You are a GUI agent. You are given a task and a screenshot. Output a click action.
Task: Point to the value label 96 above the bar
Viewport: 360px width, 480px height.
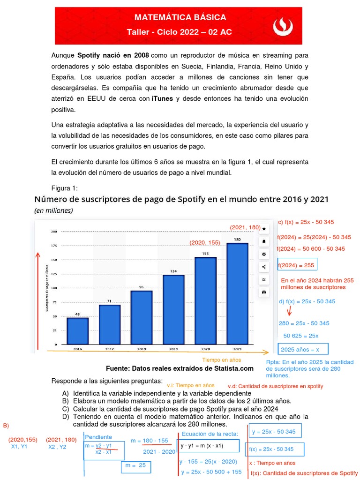141,287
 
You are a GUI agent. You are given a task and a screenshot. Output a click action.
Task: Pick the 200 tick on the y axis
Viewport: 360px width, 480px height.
53,232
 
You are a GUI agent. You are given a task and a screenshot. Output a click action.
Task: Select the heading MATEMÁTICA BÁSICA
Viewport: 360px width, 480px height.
180,18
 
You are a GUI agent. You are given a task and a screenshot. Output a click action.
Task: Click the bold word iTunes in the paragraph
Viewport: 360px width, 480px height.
162,98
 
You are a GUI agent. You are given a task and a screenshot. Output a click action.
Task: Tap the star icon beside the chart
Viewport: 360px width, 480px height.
264,229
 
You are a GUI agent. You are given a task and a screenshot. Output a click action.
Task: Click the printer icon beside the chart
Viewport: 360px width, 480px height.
264,292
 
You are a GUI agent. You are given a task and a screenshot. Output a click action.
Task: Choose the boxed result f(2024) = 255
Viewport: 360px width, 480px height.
297,265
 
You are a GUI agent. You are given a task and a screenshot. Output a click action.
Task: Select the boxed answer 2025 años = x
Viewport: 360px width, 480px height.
303,349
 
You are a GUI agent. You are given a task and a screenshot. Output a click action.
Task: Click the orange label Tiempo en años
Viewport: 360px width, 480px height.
222,360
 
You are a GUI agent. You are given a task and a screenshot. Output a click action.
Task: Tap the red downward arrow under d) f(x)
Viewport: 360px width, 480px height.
289,311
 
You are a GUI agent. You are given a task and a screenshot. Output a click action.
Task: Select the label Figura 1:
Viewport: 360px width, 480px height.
64,188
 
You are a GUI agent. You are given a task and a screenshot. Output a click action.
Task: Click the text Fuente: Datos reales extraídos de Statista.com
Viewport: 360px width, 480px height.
180,368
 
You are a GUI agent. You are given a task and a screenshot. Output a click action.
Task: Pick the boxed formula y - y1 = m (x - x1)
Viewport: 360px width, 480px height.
208,446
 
